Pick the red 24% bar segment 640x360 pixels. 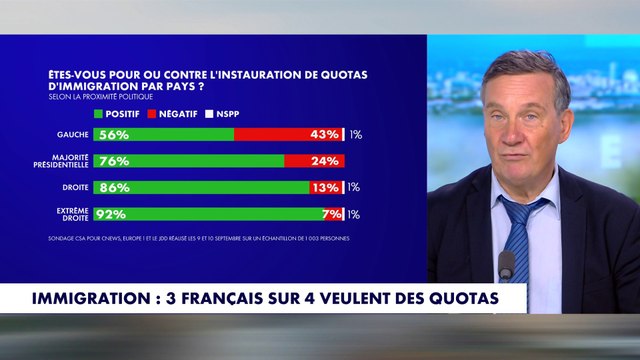(313, 161)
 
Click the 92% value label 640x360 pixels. (112, 213)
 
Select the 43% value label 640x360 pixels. (325, 134)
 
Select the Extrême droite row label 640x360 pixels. (69, 213)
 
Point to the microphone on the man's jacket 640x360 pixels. (506, 265)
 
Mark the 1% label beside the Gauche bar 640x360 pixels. (354, 134)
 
